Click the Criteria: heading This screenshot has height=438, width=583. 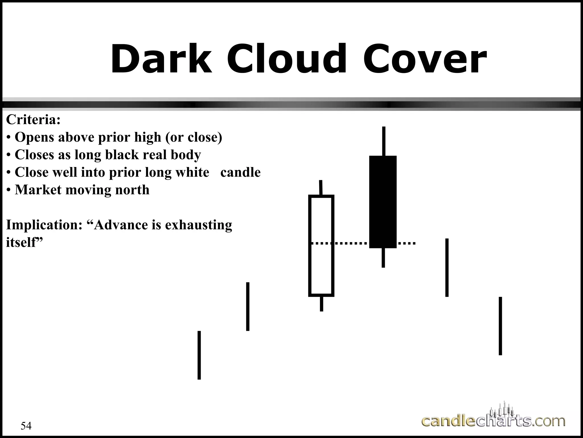point(33,119)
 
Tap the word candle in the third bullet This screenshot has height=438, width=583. point(240,173)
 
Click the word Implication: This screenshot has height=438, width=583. point(44,225)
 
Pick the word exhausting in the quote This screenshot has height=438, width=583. point(198,225)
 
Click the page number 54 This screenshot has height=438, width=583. point(26,426)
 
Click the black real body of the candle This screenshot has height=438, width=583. point(383,202)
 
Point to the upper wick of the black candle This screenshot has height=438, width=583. point(384,141)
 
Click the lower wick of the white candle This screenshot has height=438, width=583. point(321,304)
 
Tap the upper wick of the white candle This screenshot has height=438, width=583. point(321,187)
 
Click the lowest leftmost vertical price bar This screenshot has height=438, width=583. point(199,355)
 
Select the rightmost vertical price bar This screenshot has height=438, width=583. point(500,326)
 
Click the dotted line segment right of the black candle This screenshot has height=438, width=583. point(407,244)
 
